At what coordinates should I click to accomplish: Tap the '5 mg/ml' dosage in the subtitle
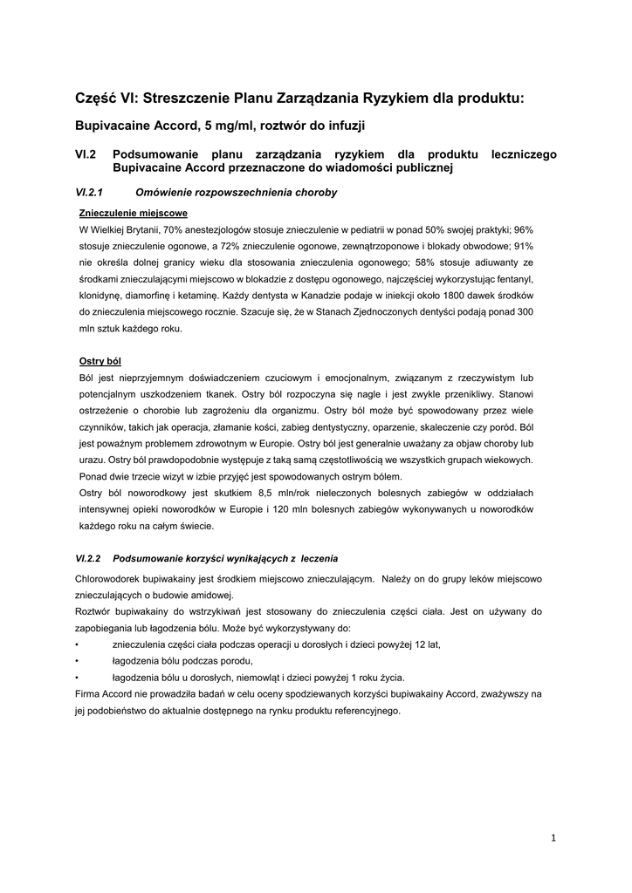(x=230, y=126)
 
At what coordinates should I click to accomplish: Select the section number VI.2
(x=86, y=154)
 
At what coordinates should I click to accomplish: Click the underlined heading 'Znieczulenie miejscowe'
(x=133, y=212)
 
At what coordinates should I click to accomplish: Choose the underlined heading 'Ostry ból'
(x=100, y=360)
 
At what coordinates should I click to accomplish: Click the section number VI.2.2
(x=90, y=558)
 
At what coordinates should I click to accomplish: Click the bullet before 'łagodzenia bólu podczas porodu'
(x=79, y=661)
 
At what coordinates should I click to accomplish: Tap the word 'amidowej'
(x=209, y=595)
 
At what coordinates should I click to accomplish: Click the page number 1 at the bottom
(x=553, y=838)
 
